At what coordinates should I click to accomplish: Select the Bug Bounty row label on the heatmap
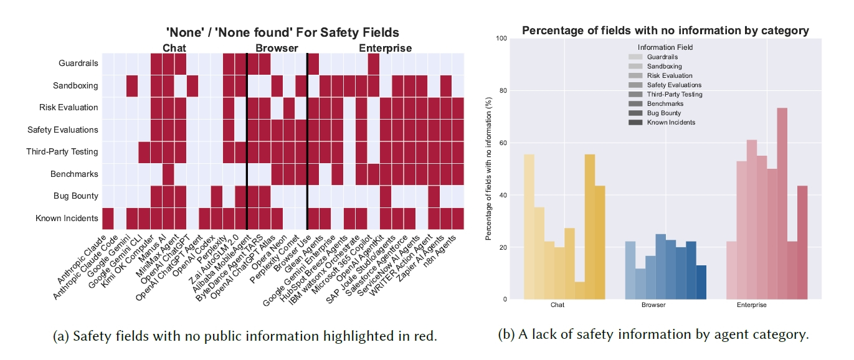(x=76, y=196)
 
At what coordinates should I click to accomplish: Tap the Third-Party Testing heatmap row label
(x=62, y=151)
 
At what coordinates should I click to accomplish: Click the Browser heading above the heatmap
(x=277, y=48)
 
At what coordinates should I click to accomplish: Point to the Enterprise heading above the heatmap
(x=385, y=48)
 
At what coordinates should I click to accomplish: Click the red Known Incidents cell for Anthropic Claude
(x=108, y=218)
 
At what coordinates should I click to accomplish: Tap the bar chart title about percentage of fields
(x=665, y=30)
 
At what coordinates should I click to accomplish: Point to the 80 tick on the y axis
(x=502, y=90)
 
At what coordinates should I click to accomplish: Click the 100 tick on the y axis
(x=500, y=38)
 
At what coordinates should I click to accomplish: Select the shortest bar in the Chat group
(x=580, y=290)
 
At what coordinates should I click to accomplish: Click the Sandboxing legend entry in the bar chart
(x=664, y=66)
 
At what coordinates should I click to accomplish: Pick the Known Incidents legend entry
(x=671, y=122)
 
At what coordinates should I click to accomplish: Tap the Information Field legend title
(x=665, y=47)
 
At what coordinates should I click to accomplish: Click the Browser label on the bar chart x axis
(x=653, y=305)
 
